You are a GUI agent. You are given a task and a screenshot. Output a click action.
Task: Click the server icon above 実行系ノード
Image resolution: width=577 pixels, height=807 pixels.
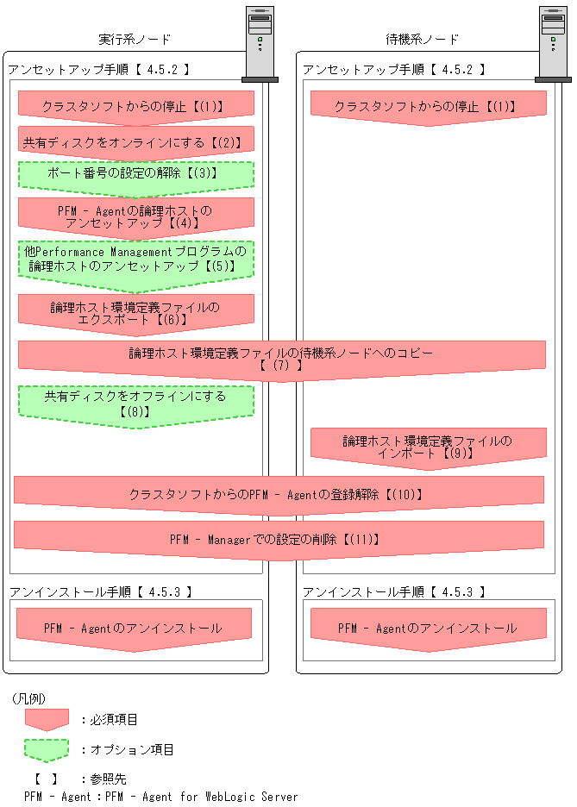(x=260, y=42)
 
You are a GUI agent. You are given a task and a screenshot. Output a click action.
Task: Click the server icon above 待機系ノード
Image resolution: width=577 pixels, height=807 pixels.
(x=553, y=42)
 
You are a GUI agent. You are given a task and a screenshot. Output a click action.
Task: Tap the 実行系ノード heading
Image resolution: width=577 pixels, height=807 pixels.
(x=135, y=40)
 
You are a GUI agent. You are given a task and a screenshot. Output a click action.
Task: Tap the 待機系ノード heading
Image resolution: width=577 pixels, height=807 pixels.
(x=422, y=40)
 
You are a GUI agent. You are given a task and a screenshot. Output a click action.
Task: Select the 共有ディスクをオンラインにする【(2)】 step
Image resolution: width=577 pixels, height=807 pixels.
(x=136, y=141)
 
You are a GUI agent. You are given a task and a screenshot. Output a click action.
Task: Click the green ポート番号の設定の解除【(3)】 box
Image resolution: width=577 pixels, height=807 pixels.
(x=136, y=173)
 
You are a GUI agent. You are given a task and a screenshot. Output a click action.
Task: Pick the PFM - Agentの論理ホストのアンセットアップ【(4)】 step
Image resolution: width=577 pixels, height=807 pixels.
(x=136, y=216)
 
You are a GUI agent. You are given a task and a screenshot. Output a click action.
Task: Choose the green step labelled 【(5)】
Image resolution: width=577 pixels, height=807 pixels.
(x=136, y=259)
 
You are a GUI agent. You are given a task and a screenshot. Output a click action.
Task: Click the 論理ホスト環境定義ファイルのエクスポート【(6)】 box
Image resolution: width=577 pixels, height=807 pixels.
(x=136, y=312)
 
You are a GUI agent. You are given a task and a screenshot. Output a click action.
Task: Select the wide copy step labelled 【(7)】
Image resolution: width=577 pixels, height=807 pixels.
(x=281, y=359)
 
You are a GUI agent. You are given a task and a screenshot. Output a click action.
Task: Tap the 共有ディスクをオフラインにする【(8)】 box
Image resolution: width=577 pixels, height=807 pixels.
(x=136, y=403)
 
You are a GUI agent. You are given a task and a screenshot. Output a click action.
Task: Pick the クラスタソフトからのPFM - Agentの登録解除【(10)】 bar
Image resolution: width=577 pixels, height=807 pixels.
(x=279, y=495)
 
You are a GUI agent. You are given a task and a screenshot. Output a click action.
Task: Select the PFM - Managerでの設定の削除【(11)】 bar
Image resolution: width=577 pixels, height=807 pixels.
(x=279, y=540)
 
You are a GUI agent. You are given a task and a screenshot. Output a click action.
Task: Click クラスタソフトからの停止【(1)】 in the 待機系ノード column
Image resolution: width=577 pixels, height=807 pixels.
(x=428, y=107)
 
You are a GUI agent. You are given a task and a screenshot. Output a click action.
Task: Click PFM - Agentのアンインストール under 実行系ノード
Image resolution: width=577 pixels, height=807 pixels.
(x=134, y=629)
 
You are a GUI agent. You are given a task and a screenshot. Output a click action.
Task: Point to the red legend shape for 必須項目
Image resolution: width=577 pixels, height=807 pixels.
(x=47, y=719)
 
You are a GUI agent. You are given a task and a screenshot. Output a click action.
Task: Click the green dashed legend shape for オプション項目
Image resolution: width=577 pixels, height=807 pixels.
(x=47, y=749)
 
